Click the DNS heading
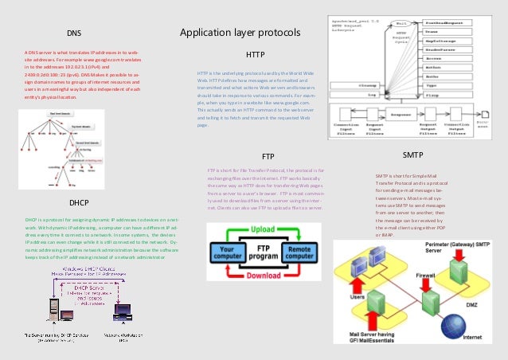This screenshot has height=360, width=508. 73,33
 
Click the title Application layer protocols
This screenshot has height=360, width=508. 240,33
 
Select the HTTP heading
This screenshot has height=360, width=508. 256,55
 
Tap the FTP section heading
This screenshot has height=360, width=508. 268,156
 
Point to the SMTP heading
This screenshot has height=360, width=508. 412,153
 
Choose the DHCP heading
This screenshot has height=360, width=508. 79,202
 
